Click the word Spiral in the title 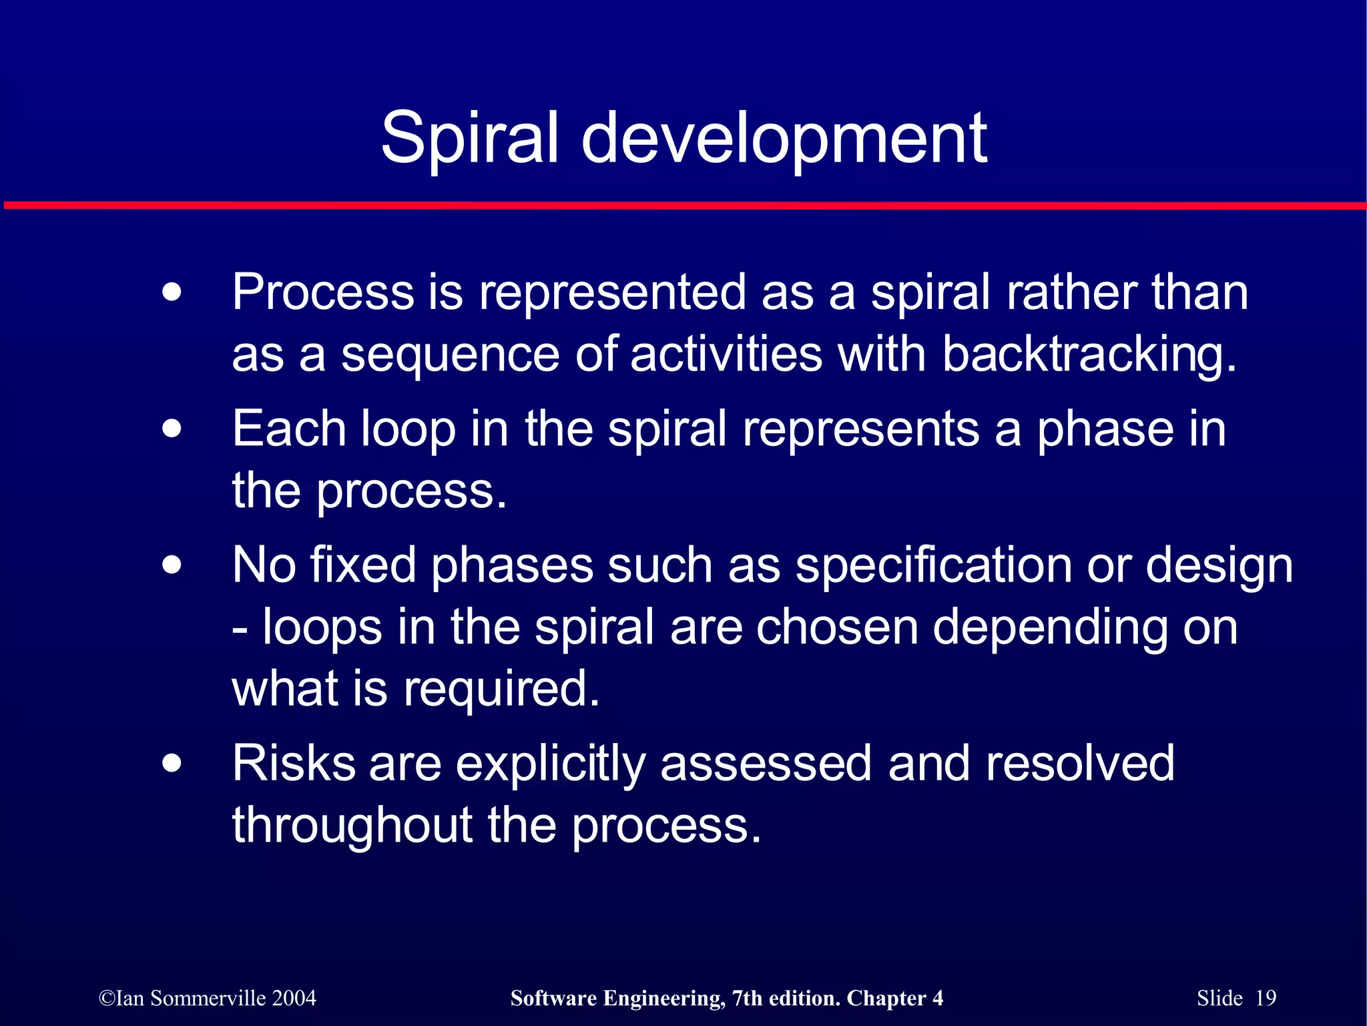469,138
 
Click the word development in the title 784,138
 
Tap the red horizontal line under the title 683,206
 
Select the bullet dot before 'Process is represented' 172,292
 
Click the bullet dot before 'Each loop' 172,429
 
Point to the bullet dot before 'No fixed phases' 172,565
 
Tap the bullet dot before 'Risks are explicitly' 172,763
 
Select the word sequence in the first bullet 450,355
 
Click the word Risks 294,763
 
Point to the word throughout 352,826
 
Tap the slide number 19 1266,998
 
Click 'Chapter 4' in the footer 894,998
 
